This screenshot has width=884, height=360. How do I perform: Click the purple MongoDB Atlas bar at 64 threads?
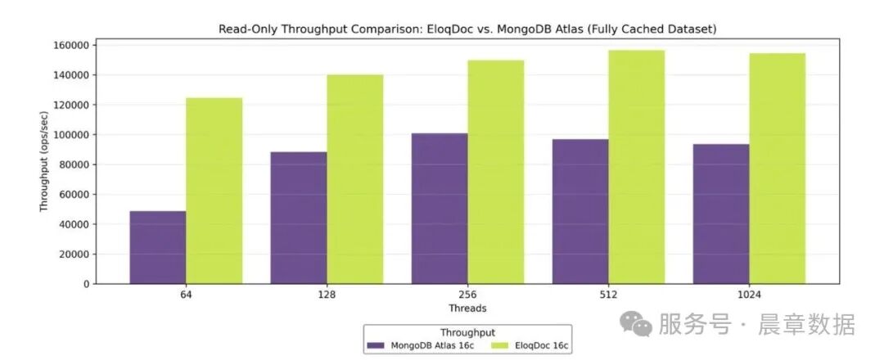(157, 247)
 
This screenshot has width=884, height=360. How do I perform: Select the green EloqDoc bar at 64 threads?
(214, 191)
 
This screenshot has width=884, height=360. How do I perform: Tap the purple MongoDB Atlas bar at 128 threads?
(298, 218)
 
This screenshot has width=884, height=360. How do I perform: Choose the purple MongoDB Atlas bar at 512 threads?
(580, 211)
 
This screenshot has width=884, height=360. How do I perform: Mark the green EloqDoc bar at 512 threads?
(636, 167)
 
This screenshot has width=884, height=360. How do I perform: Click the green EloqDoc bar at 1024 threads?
(777, 169)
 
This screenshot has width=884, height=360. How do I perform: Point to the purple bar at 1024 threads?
(721, 214)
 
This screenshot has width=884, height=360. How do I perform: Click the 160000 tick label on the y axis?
(72, 45)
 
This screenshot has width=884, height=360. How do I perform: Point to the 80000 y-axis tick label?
(74, 164)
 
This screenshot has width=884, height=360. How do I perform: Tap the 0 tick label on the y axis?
(86, 284)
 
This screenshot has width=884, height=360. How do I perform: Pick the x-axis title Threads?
(467, 308)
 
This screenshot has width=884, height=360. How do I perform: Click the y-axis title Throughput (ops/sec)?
(44, 164)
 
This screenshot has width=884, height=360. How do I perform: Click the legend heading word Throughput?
(467, 332)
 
